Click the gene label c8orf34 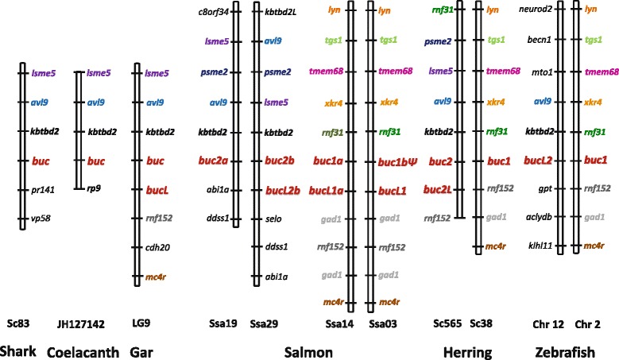213,12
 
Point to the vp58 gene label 41,218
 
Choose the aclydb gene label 539,217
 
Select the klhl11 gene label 540,246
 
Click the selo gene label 275,218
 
